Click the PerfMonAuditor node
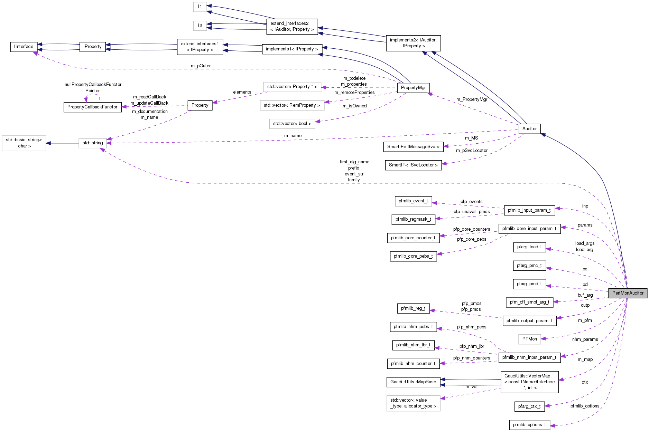[x=628, y=293]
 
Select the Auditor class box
[x=529, y=129]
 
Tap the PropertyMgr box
[x=413, y=88]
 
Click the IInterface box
[x=24, y=47]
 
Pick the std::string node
[x=93, y=143]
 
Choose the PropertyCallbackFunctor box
[x=92, y=107]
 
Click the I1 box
[x=200, y=7]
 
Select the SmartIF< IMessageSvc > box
[x=413, y=147]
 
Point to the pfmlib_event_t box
[x=413, y=201]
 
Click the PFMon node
[x=529, y=339]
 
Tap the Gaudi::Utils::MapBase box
[x=413, y=382]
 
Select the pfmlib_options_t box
[x=529, y=425]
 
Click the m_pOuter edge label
[x=201, y=66]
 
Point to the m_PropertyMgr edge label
[x=472, y=99]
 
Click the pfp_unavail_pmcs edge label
[x=472, y=212]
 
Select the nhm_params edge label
[x=585, y=339]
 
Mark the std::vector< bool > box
[x=292, y=124]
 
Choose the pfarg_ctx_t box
[x=529, y=406]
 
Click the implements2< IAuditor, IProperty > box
[x=413, y=43]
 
